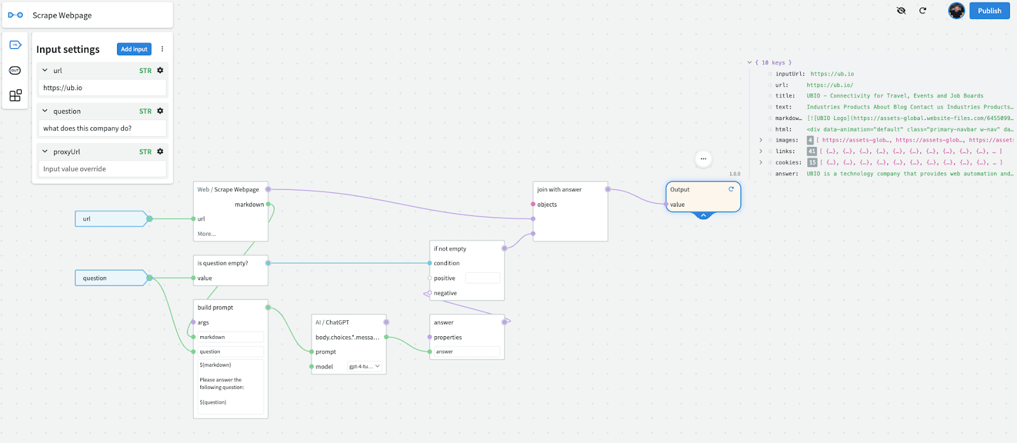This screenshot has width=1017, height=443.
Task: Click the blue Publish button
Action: [x=989, y=11]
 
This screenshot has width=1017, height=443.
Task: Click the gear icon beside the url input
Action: [x=160, y=71]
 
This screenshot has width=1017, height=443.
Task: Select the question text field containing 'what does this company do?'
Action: [x=102, y=128]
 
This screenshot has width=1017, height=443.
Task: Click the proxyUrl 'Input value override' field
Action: [x=102, y=169]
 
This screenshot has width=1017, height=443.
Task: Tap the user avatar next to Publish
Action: [x=956, y=11]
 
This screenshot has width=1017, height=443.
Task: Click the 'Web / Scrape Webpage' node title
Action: [x=228, y=189]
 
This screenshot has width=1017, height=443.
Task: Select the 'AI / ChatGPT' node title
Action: [x=332, y=322]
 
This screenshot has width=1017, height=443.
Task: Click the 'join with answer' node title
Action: [x=559, y=189]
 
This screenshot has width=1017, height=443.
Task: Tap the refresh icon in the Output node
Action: [x=731, y=189]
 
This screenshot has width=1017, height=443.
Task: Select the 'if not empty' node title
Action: [x=450, y=249]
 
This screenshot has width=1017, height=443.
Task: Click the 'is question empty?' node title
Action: [x=222, y=263]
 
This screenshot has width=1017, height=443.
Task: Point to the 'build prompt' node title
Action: [x=215, y=307]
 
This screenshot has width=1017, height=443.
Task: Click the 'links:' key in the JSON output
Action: [x=785, y=151]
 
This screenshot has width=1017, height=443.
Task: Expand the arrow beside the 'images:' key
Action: [x=761, y=140]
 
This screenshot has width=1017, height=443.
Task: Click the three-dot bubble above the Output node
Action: [x=703, y=158]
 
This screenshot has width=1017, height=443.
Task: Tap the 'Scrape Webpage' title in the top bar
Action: [x=62, y=15]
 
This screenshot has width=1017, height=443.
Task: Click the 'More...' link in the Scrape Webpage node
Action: [x=207, y=234]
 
